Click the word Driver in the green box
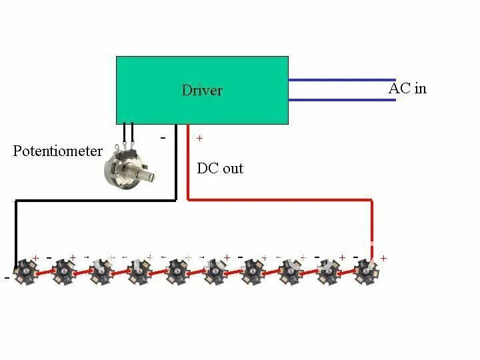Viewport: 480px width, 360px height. [x=201, y=90]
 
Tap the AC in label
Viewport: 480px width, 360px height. [x=407, y=88]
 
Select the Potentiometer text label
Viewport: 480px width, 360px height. [x=58, y=151]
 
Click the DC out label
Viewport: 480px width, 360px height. [x=220, y=168]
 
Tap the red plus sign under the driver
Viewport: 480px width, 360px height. [x=199, y=139]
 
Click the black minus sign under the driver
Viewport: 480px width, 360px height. [x=163, y=137]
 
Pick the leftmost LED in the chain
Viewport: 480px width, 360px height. [x=27, y=271]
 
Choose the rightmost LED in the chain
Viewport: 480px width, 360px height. [x=365, y=271]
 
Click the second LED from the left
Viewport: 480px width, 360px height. [x=64, y=271]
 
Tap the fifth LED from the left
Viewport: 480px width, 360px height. [x=177, y=271]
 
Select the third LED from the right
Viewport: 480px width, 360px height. [x=290, y=271]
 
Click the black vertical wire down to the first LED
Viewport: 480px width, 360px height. [x=16, y=230]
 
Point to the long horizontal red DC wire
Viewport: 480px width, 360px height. [x=280, y=199]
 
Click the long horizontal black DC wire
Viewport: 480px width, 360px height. [x=93, y=199]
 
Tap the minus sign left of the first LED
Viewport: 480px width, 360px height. [x=7, y=278]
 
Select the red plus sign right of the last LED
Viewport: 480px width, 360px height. [x=383, y=258]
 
